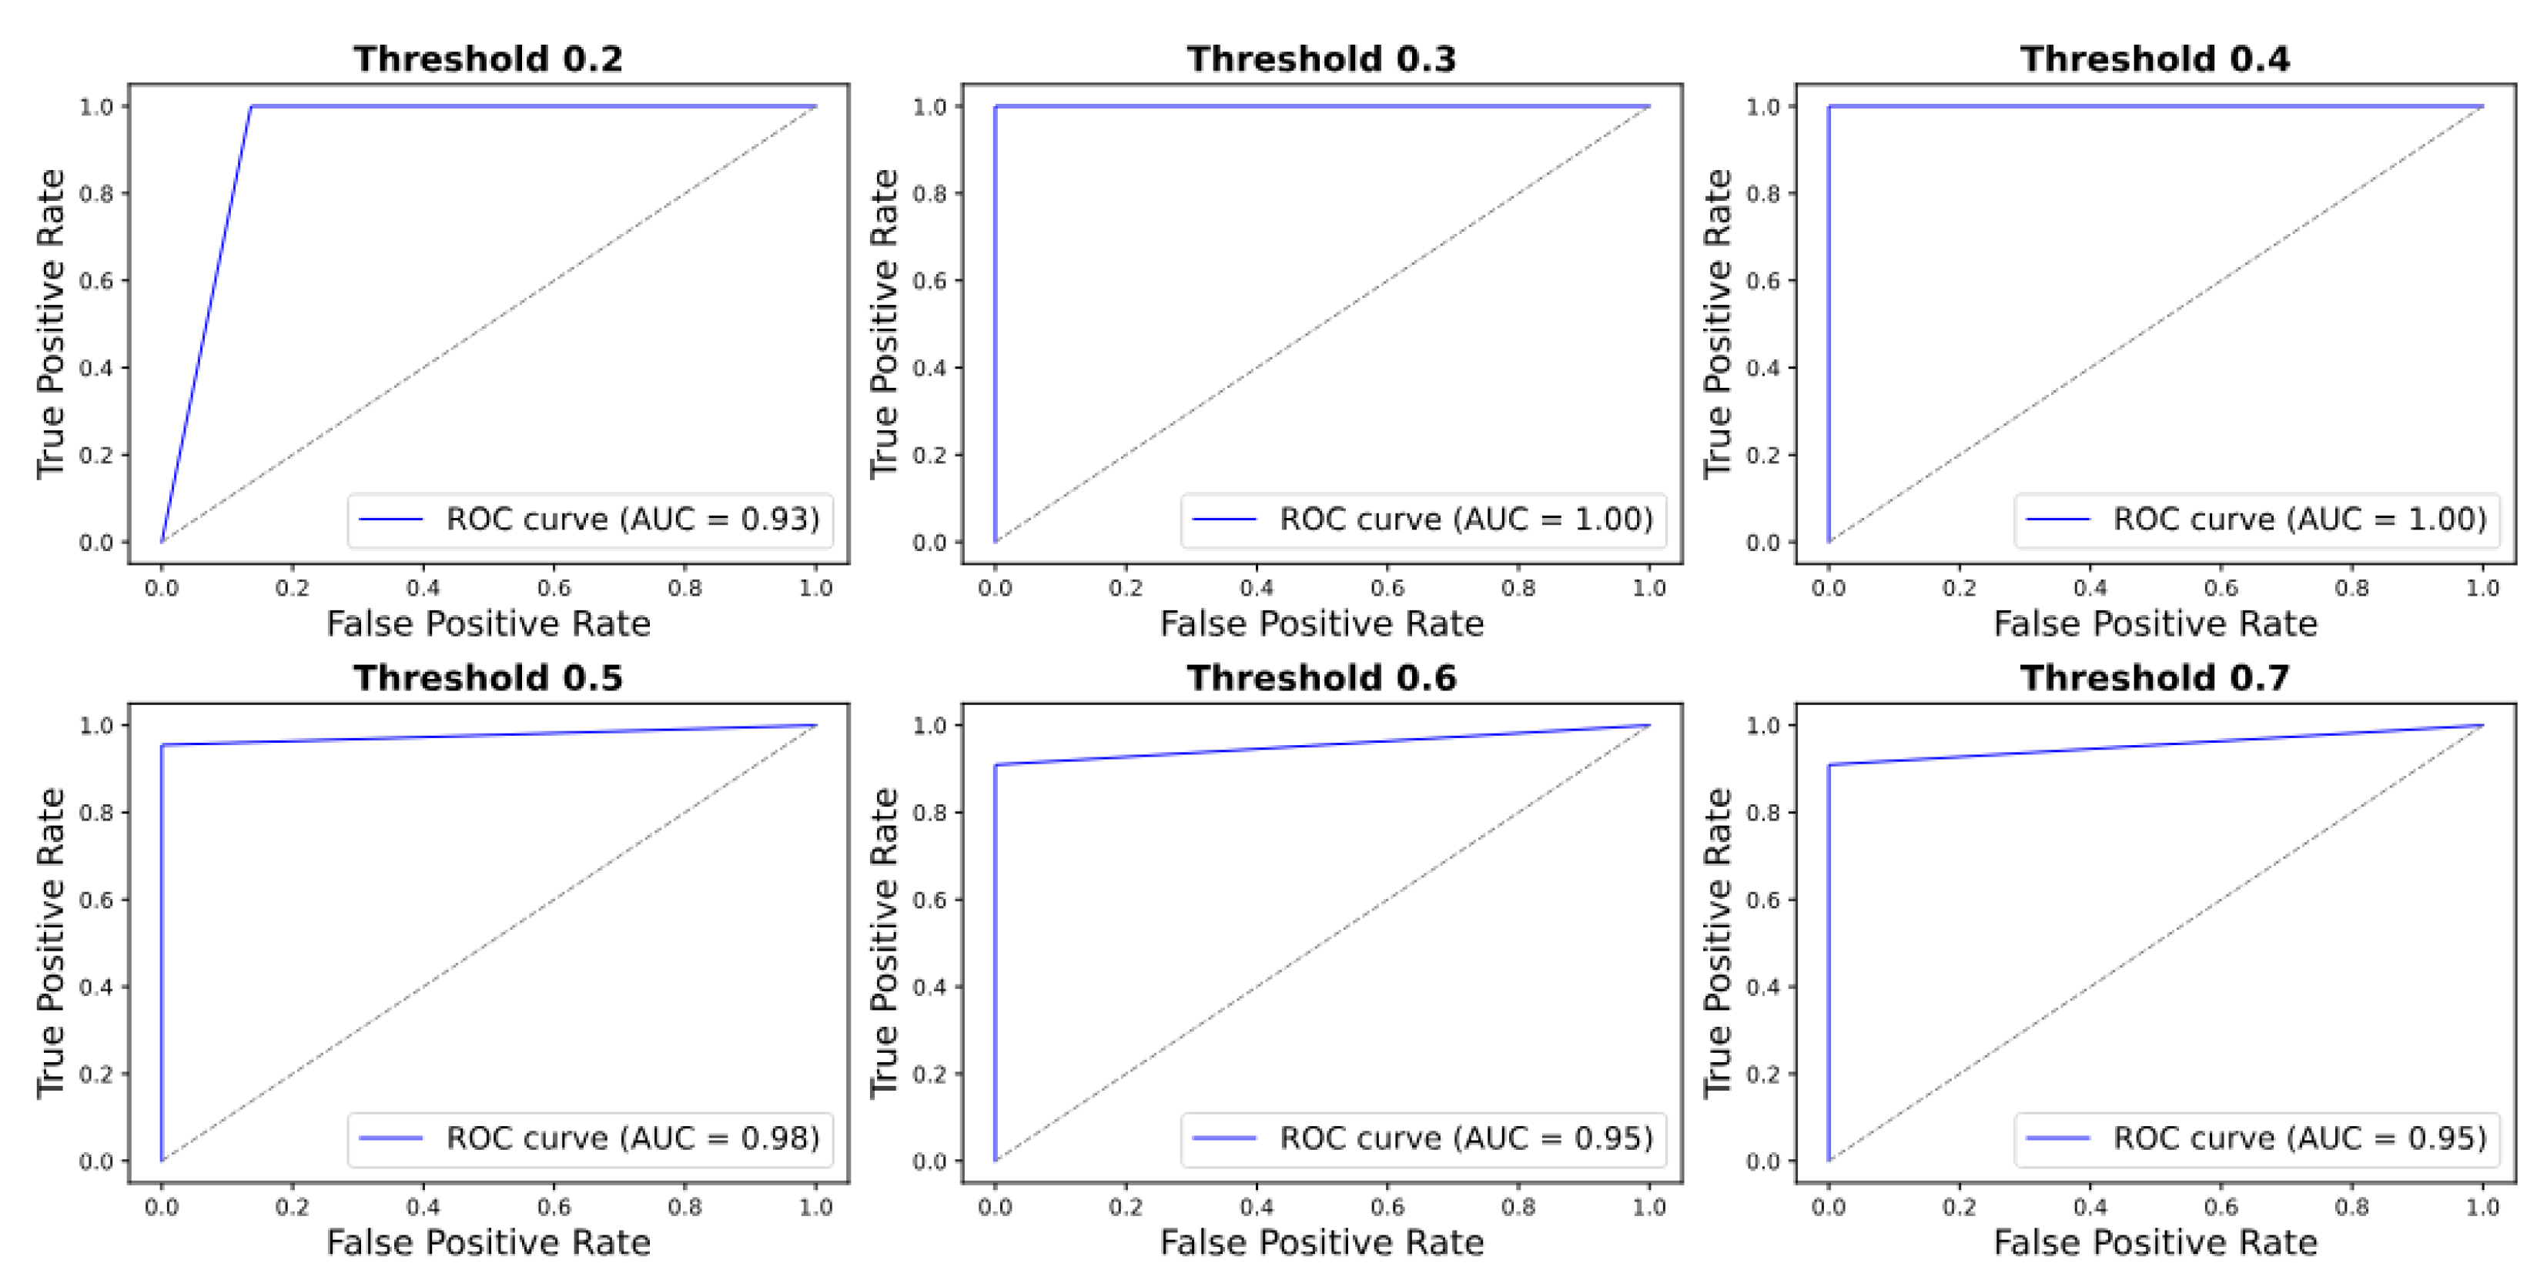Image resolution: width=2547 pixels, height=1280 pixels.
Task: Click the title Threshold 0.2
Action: (x=488, y=58)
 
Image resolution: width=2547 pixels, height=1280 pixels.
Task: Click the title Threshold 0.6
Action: (x=1321, y=677)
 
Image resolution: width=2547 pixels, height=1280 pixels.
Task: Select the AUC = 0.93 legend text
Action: (x=633, y=519)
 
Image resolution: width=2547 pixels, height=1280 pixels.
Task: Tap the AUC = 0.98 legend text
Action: (x=633, y=1138)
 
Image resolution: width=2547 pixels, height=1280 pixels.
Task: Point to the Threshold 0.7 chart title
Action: (x=2154, y=677)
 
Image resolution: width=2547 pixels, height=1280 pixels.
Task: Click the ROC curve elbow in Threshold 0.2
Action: (x=251, y=107)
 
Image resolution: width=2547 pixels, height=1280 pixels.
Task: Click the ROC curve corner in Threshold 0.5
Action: (x=162, y=745)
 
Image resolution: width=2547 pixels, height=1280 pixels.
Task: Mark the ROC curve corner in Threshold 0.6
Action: (x=996, y=764)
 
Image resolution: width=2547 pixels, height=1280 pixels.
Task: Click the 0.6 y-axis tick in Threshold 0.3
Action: (x=929, y=281)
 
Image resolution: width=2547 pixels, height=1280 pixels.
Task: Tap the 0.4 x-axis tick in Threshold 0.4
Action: (x=2090, y=588)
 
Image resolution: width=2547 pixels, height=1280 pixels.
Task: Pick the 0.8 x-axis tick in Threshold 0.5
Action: (x=685, y=1207)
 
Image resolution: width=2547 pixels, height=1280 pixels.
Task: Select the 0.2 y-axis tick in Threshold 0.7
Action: (x=1763, y=1074)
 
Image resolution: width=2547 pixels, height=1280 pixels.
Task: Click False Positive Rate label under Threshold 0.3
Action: (x=1321, y=623)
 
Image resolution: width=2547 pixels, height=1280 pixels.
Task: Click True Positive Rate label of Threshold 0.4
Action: (x=1718, y=324)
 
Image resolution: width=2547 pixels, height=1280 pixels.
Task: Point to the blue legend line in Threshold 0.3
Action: (x=1224, y=519)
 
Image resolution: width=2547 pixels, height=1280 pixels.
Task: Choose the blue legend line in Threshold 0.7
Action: (x=2057, y=1138)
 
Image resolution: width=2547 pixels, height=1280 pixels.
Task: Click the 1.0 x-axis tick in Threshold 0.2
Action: (x=815, y=588)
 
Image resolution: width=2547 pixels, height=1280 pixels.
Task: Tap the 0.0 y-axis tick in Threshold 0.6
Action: (x=929, y=1161)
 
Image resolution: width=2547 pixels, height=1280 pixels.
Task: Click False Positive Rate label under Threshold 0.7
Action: (x=2154, y=1242)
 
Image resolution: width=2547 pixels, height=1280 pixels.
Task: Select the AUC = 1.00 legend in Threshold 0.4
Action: (x=2299, y=519)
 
